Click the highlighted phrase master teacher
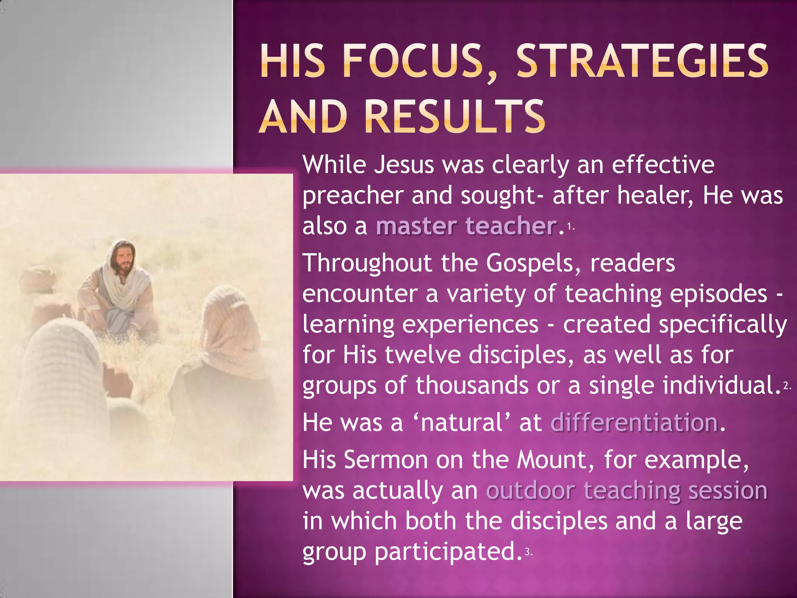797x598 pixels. point(466,226)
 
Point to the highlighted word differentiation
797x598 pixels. point(634,422)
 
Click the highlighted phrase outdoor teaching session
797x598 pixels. point(626,490)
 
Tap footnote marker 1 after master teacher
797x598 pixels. point(570,226)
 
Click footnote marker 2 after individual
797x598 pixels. point(786,386)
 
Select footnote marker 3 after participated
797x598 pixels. point(528,552)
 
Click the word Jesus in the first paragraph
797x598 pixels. point(404,165)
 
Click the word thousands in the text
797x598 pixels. point(471,385)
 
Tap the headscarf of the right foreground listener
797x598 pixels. point(226,319)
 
